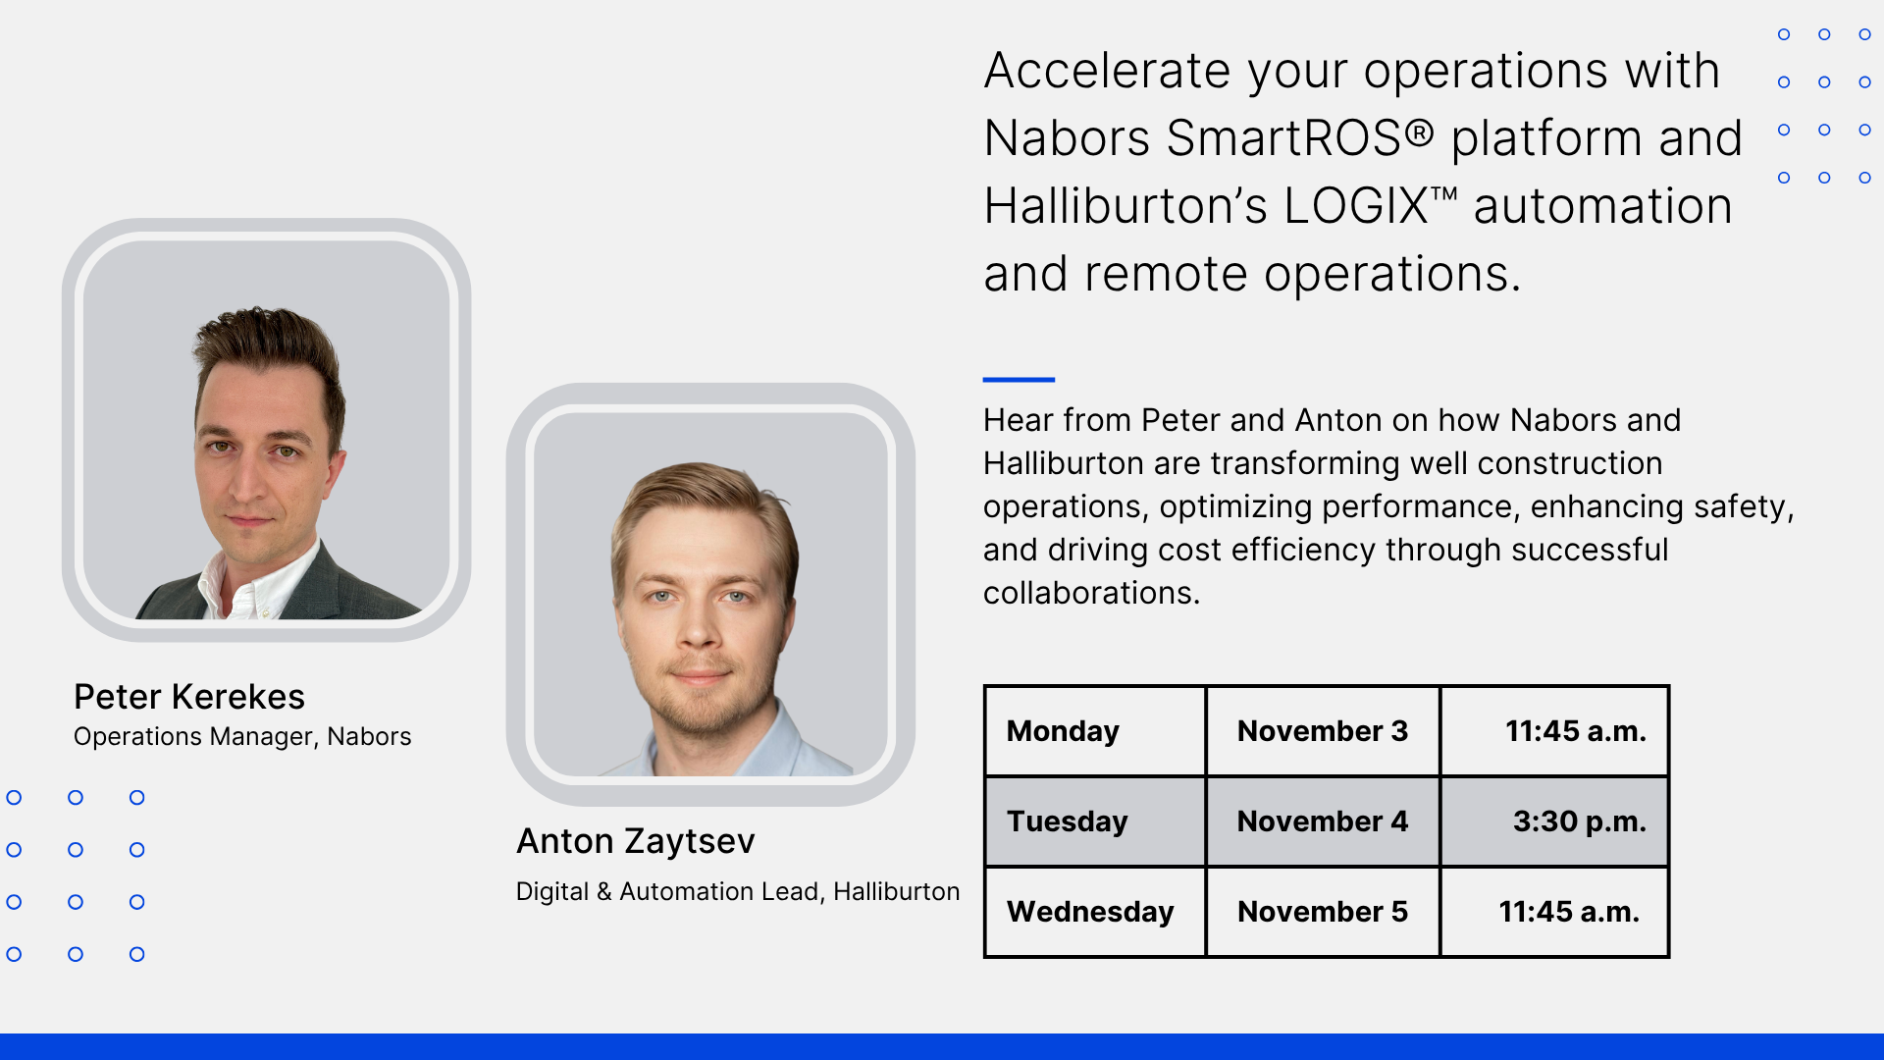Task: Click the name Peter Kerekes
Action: [189, 697]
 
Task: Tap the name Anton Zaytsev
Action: [636, 841]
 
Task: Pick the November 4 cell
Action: [1322, 821]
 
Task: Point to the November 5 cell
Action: [1322, 912]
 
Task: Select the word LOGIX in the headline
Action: [1355, 206]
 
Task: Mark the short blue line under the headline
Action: [1019, 379]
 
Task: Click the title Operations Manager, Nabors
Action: [242, 737]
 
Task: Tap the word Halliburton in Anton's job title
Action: [896, 891]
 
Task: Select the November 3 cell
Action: [1322, 731]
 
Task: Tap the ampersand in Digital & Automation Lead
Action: [603, 891]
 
